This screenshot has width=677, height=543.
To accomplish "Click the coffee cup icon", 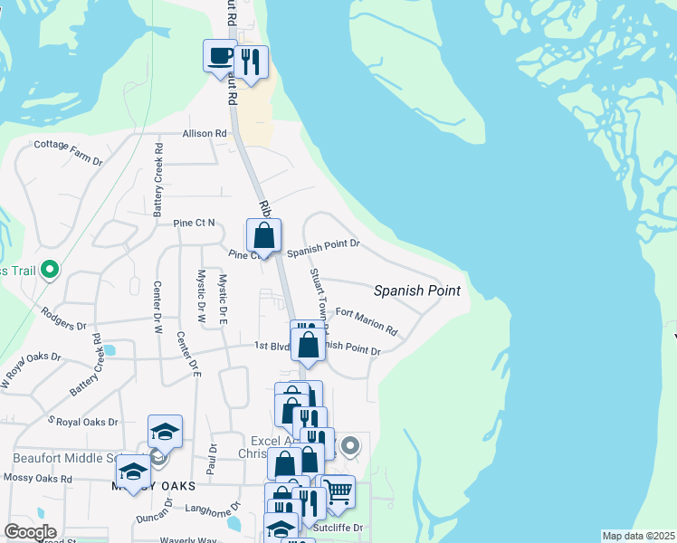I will (220, 57).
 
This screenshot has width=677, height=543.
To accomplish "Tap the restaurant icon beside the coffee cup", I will (252, 62).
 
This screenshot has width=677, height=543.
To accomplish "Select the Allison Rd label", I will (205, 133).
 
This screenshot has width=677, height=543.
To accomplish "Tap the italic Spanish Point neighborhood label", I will (417, 291).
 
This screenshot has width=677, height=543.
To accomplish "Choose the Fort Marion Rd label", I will (367, 321).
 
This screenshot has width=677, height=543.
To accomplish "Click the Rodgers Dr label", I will (63, 319).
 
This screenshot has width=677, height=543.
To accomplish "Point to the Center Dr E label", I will (189, 353).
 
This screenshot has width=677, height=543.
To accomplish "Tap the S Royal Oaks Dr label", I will (83, 422).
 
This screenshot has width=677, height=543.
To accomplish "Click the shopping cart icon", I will (338, 491).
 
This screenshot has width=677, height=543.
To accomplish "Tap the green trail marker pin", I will (51, 270).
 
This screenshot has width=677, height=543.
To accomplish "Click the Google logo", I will (30, 532).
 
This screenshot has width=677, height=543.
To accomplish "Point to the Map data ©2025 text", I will (638, 536).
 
